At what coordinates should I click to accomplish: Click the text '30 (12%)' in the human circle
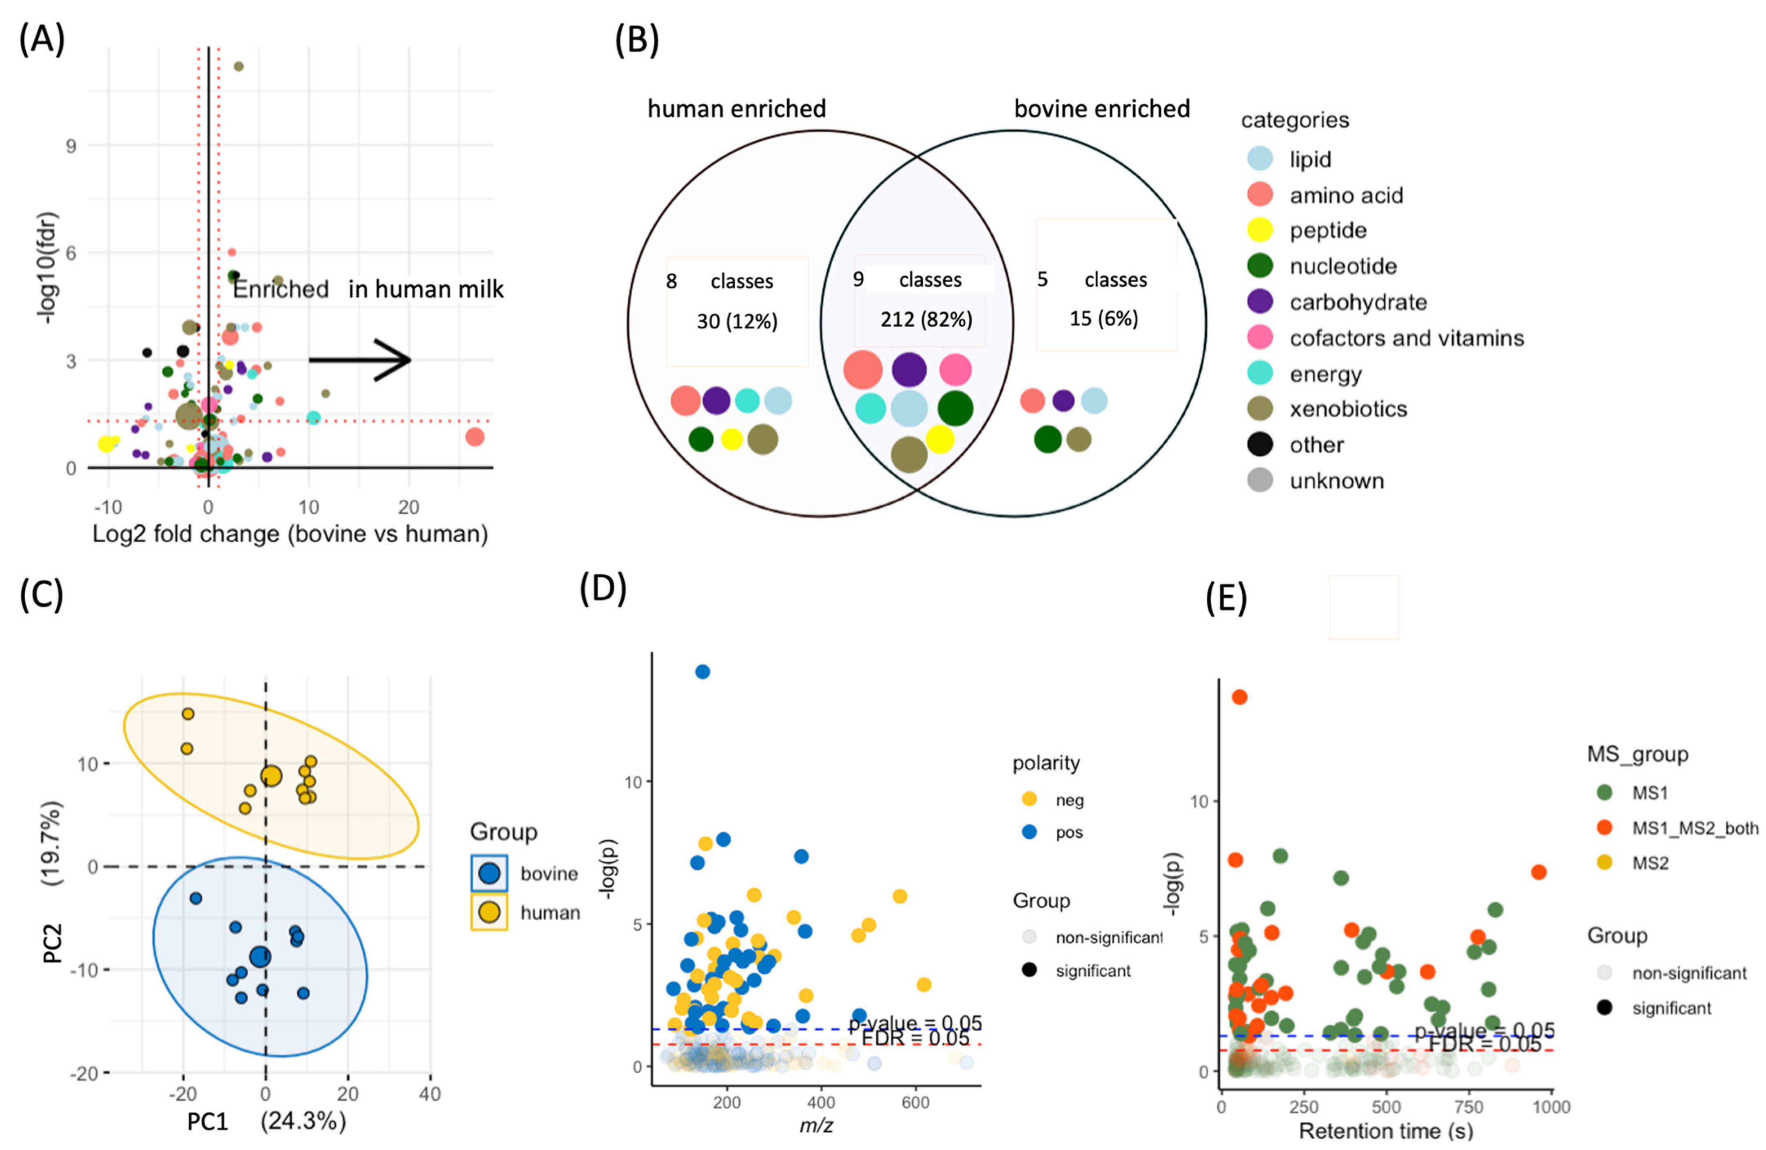[737, 321]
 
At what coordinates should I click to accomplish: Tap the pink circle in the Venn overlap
[955, 370]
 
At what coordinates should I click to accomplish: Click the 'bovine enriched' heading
[1102, 109]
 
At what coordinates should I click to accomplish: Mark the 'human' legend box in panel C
[489, 912]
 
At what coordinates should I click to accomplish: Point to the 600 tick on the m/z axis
[916, 1103]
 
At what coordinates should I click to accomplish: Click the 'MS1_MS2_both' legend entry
[1604, 828]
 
